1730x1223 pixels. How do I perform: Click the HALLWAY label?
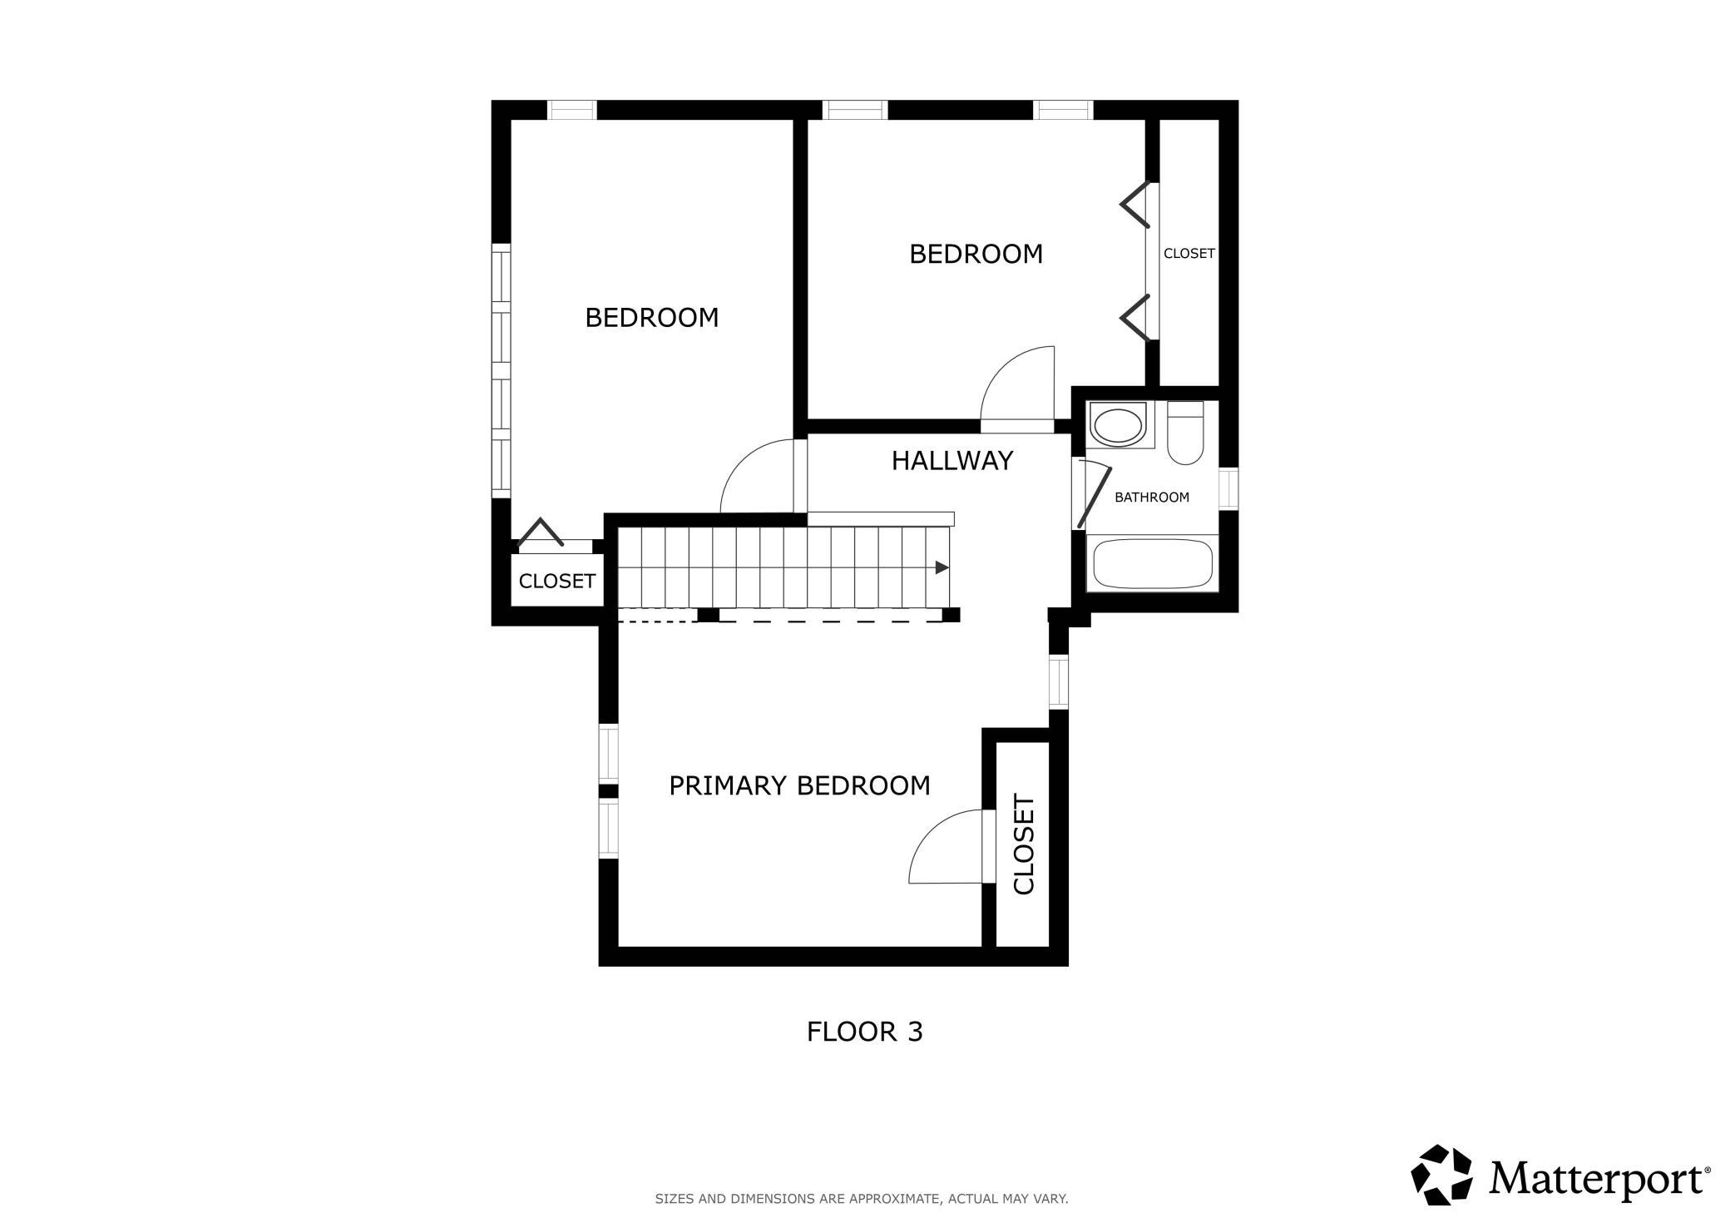click(x=952, y=461)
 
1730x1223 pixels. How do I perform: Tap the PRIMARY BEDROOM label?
click(x=799, y=785)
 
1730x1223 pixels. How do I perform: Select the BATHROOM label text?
click(x=1152, y=498)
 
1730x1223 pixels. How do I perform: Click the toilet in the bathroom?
click(x=1185, y=433)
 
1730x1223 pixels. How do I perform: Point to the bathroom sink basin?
click(x=1119, y=426)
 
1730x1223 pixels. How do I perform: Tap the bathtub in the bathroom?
click(x=1153, y=564)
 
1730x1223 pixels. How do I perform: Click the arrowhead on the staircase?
click(x=942, y=567)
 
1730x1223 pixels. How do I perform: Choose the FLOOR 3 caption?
click(x=865, y=1032)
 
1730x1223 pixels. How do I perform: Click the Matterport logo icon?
click(x=1441, y=1175)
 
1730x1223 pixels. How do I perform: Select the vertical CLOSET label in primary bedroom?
click(x=1024, y=845)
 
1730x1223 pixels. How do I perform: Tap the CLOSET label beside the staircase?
click(x=557, y=581)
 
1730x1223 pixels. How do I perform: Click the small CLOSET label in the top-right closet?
click(x=1189, y=254)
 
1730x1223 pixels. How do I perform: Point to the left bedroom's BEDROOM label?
click(x=652, y=318)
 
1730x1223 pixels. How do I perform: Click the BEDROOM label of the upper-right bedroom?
click(x=976, y=254)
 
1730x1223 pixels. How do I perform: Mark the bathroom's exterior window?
click(x=1228, y=488)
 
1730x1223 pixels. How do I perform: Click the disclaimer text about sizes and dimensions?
click(x=862, y=1199)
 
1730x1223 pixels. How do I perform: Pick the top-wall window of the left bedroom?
click(x=572, y=110)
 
